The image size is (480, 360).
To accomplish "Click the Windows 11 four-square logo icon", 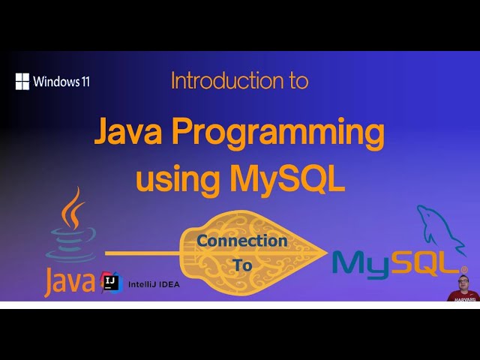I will [x=22, y=81].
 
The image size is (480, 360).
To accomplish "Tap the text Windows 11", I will [x=61, y=81].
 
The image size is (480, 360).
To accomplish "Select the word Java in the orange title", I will [x=127, y=133].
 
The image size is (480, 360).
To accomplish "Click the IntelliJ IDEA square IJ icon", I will [x=111, y=283].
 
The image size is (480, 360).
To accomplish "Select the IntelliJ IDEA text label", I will [x=154, y=284].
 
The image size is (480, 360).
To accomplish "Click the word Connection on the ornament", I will [x=242, y=241].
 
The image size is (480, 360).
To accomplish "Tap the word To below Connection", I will [x=243, y=265].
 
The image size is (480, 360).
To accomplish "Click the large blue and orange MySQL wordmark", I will [x=397, y=262].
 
